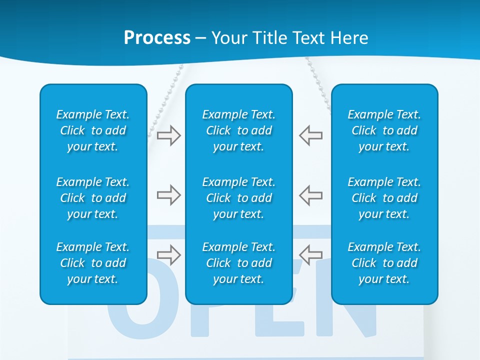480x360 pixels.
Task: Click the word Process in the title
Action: pyautogui.click(x=157, y=38)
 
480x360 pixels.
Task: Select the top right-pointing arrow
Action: pyautogui.click(x=169, y=135)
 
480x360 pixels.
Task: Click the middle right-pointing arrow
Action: pyautogui.click(x=169, y=195)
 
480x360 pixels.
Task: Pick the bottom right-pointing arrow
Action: pyautogui.click(x=169, y=254)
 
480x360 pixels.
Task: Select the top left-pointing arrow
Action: pyautogui.click(x=311, y=135)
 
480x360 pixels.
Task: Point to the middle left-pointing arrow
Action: pyautogui.click(x=311, y=195)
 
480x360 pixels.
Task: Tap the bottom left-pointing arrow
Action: pyautogui.click(x=311, y=254)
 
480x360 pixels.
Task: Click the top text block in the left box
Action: pyautogui.click(x=93, y=130)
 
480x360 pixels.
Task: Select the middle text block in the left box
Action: pyautogui.click(x=93, y=198)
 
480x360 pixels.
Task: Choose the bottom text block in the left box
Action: pyautogui.click(x=93, y=263)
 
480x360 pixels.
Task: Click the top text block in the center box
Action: pyautogui.click(x=239, y=130)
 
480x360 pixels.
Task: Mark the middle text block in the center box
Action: pyautogui.click(x=239, y=198)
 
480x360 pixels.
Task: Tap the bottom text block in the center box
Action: pyautogui.click(x=239, y=263)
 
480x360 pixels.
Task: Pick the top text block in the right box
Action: pyautogui.click(x=384, y=130)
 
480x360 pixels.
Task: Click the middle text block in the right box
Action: pyautogui.click(x=384, y=198)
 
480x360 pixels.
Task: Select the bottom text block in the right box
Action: pyautogui.click(x=384, y=263)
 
